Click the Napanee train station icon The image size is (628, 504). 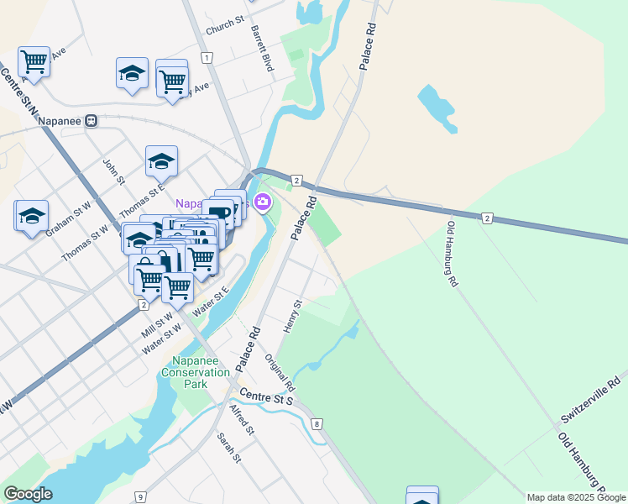(x=92, y=120)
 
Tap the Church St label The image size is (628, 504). (x=225, y=19)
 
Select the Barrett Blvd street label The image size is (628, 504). (x=262, y=48)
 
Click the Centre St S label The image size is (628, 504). (x=265, y=396)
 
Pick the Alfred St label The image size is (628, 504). (x=242, y=420)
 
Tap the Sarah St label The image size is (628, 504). (x=229, y=448)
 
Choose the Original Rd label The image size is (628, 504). (x=280, y=373)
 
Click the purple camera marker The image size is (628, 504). (x=263, y=202)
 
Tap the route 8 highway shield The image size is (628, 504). (x=317, y=424)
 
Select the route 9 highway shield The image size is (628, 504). (x=139, y=497)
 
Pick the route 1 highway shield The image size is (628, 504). (x=206, y=57)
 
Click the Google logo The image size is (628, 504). (x=28, y=494)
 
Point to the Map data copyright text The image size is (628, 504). (x=575, y=497)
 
